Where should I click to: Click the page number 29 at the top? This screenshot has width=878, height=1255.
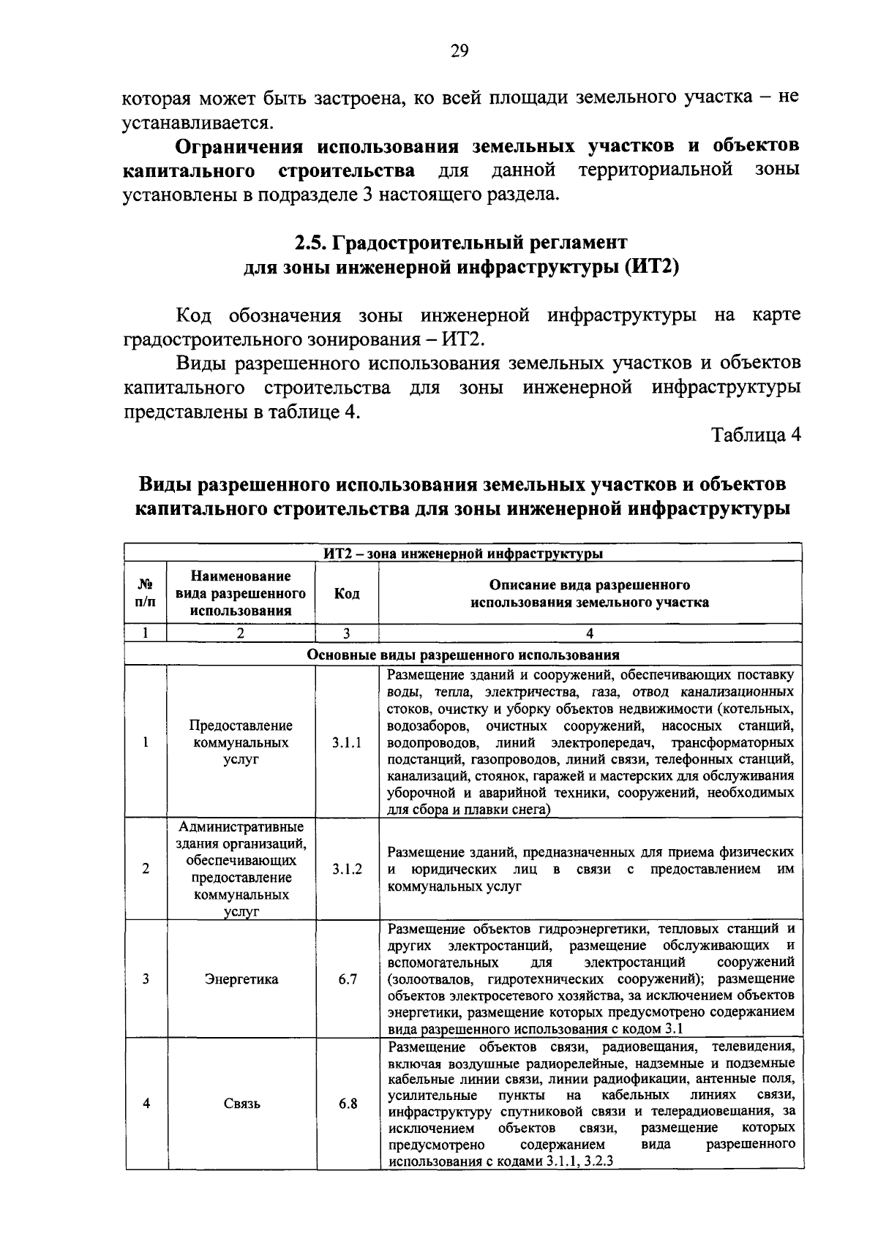tap(460, 50)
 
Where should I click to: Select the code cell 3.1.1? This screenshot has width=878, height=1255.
tap(347, 742)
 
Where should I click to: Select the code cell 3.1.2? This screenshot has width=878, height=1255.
tap(347, 869)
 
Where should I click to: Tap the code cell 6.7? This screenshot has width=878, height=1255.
tap(347, 979)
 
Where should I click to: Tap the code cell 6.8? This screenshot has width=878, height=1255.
tap(347, 1104)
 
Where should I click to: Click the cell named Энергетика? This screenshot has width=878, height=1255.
tap(241, 979)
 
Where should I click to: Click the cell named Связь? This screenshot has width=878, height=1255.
tap(241, 1104)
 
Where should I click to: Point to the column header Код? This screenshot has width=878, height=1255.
tap(347, 594)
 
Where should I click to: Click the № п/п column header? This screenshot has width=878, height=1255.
tap(146, 594)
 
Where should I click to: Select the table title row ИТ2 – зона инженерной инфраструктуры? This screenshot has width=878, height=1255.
tap(463, 553)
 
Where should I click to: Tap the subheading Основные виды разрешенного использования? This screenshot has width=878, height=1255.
tap(463, 655)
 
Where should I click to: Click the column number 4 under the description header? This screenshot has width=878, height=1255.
tap(590, 633)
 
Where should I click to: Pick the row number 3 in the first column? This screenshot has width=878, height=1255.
tap(146, 979)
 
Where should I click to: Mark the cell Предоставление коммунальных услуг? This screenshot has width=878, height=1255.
tap(241, 742)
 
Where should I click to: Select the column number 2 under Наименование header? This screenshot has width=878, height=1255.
tap(241, 633)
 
